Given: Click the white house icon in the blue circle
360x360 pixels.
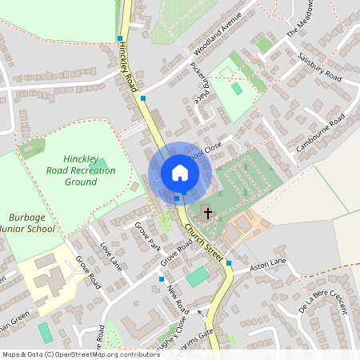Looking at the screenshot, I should tap(179, 173).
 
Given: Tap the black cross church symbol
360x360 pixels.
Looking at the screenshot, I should tap(208, 214).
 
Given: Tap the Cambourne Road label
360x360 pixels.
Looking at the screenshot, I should tap(320, 133).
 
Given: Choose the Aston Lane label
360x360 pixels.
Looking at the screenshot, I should tap(268, 263).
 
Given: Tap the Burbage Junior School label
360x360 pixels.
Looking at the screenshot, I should tap(32, 222).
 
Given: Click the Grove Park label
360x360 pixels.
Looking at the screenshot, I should tap(148, 236).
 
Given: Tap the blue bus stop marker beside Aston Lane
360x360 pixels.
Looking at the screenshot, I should tap(229, 262).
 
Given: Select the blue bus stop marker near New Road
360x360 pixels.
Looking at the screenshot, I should tap(162, 279).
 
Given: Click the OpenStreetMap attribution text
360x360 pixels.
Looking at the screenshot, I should tap(81, 354).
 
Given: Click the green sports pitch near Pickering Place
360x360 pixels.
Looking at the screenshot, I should tap(238, 88).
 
